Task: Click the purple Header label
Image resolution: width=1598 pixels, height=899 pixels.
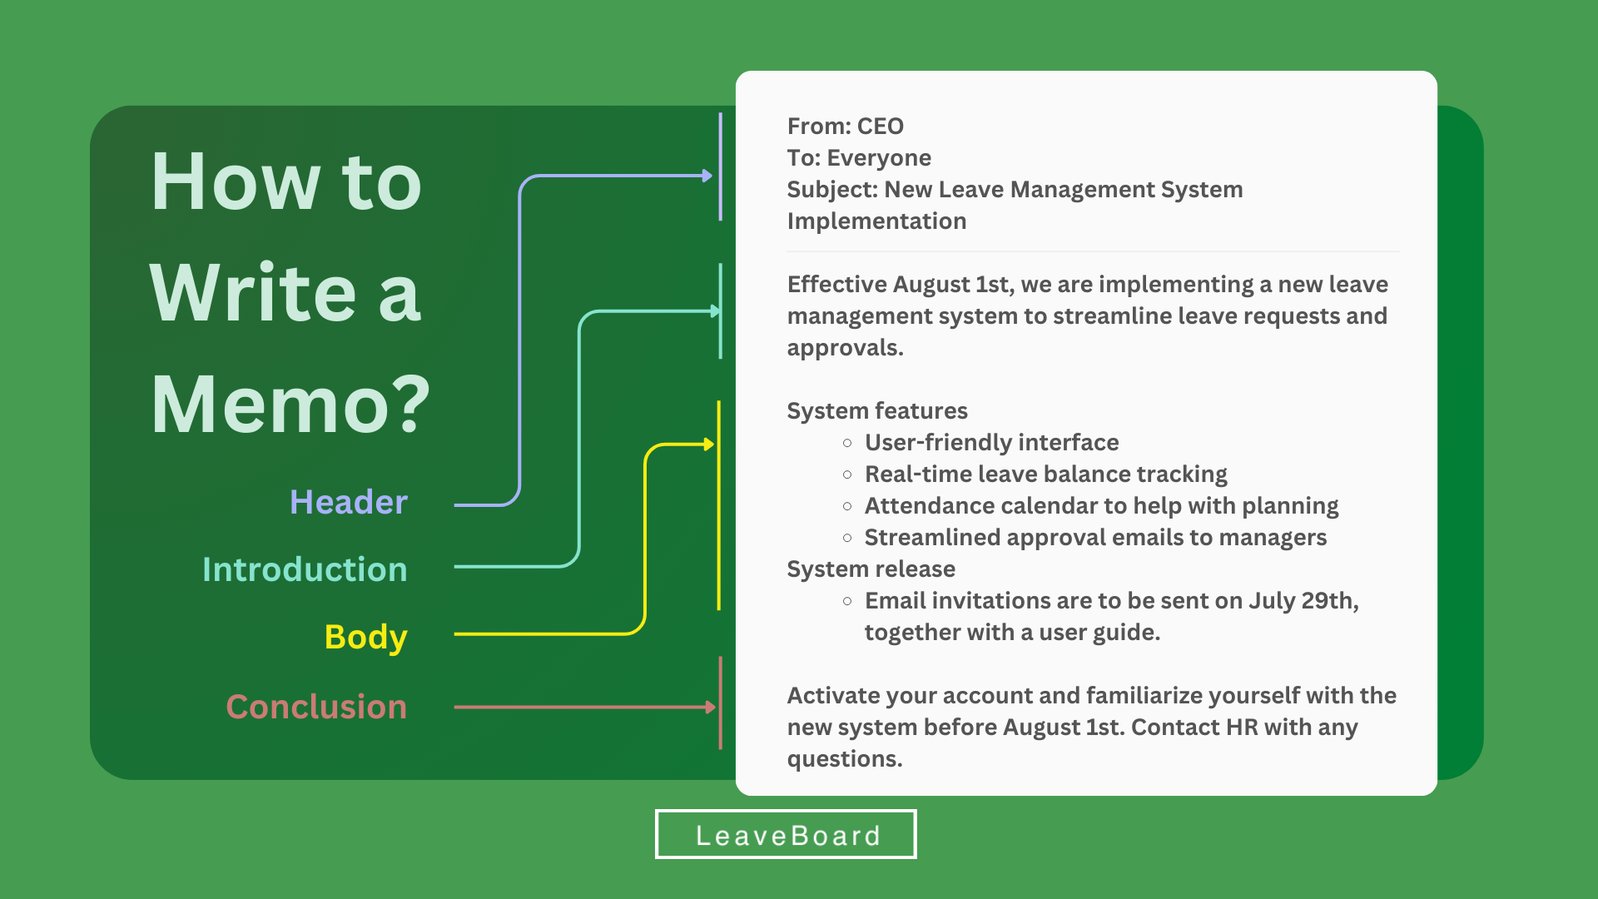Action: [349, 502]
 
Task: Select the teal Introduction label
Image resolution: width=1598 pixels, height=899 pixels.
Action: [305, 569]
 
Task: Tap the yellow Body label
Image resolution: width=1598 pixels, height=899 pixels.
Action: [366, 638]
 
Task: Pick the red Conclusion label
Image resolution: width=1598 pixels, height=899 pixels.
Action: [316, 707]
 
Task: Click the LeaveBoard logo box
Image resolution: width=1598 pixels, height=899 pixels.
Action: [786, 834]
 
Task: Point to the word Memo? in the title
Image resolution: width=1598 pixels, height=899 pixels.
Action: [290, 405]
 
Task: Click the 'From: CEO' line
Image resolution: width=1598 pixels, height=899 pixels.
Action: [846, 126]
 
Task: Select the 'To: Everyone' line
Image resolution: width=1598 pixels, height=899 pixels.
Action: [859, 158]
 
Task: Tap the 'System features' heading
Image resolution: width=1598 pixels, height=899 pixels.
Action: [877, 410]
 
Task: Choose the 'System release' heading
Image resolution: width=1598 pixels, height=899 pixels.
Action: [871, 569]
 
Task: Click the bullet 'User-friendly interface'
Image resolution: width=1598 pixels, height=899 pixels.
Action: [991, 442]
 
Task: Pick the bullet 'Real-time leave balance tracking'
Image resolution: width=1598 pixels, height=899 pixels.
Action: [1046, 474]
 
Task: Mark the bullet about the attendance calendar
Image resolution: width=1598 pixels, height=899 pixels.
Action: [1102, 505]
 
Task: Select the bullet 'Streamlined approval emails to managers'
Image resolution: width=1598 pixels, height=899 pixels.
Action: [1095, 537]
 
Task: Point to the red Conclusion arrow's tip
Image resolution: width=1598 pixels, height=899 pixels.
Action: [713, 708]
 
